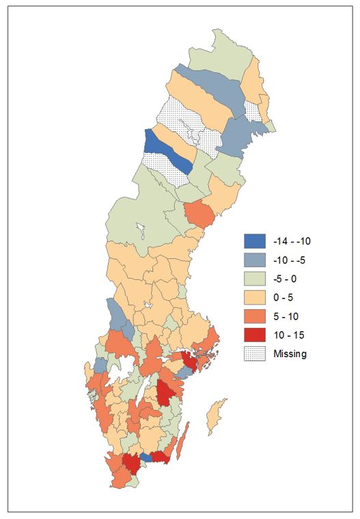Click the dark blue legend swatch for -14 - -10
click(x=255, y=241)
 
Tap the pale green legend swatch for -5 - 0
click(x=255, y=279)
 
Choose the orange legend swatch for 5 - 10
click(x=255, y=316)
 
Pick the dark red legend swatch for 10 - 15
click(x=255, y=335)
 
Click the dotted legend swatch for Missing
click(x=255, y=354)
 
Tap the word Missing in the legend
click(x=290, y=354)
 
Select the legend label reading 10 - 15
click(x=287, y=335)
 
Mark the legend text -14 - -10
click(x=292, y=241)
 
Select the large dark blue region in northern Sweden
click(x=168, y=150)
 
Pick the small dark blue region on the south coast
click(x=146, y=457)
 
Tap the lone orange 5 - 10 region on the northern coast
click(x=199, y=214)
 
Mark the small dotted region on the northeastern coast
click(x=252, y=111)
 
